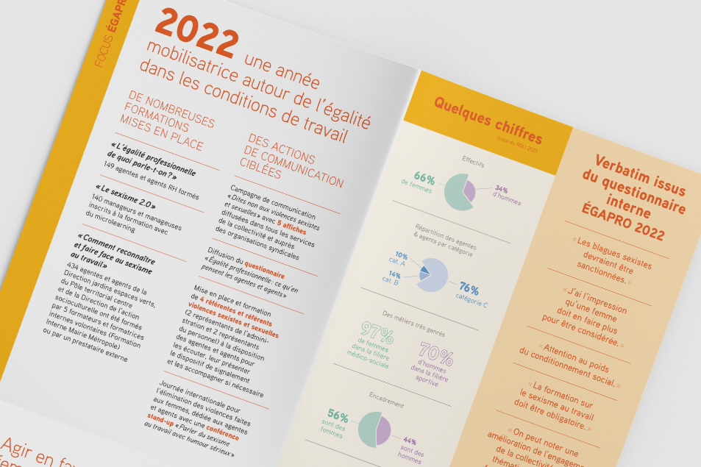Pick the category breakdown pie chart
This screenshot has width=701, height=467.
[x=433, y=274]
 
